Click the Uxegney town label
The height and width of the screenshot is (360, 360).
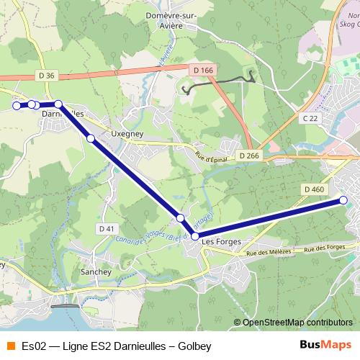(127, 134)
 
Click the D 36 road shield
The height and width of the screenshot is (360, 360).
(47, 75)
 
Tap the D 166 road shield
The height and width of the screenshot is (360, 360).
(204, 70)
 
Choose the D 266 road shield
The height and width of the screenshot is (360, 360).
(249, 156)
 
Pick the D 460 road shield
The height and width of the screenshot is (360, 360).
(314, 189)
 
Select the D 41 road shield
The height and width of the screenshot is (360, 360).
(106, 229)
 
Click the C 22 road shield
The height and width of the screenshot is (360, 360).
(310, 117)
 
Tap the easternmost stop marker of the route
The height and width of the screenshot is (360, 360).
(343, 200)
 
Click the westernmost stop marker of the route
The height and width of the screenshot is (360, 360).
(17, 106)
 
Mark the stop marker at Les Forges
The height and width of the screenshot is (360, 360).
(195, 235)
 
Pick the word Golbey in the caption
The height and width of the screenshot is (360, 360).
(194, 346)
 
